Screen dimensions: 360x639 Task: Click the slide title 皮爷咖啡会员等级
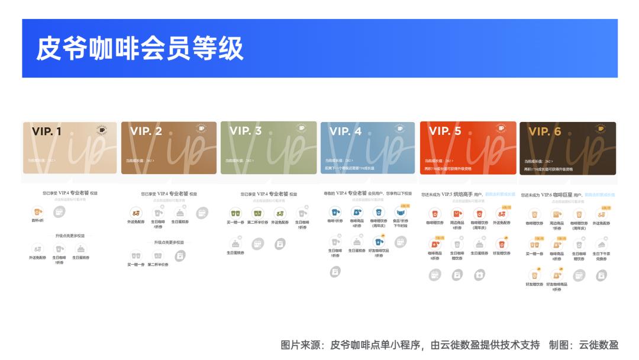140,48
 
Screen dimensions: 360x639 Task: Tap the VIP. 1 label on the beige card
47,131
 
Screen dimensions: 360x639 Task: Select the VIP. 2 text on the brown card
146,131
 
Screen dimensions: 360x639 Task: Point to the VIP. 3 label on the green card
245,131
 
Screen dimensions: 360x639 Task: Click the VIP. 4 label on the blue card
346,131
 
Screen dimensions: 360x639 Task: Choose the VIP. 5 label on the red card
445,131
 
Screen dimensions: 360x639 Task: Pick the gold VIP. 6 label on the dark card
544,131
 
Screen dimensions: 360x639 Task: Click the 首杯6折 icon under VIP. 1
38,212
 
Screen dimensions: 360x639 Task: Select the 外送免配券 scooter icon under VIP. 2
136,213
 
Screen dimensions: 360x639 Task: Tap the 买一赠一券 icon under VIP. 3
235,213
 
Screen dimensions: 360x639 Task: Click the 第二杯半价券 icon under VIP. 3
257,213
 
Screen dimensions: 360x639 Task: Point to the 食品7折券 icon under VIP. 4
401,212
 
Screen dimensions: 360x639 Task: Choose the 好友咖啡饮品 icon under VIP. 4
378,242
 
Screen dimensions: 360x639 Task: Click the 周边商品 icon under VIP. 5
457,214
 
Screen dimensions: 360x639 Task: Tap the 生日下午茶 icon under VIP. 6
601,244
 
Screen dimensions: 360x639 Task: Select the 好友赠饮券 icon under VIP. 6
534,275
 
